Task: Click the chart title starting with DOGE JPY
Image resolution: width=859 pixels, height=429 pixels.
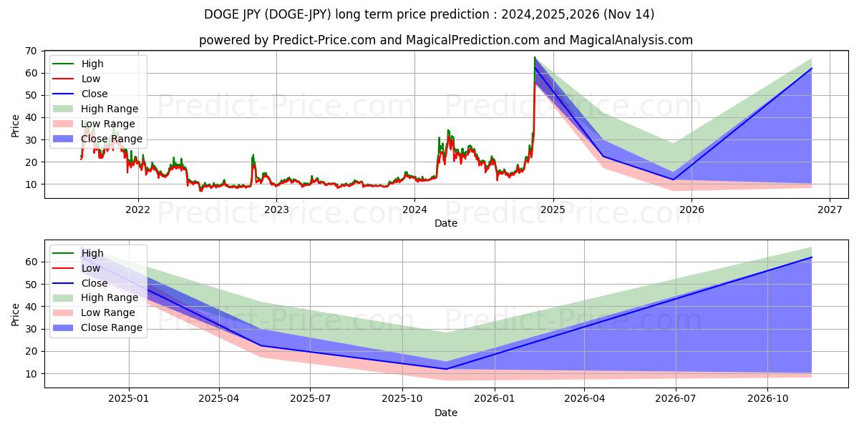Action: (429, 14)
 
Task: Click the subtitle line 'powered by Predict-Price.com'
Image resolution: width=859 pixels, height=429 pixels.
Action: (445, 40)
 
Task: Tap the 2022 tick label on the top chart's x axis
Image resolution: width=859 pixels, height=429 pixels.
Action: (138, 209)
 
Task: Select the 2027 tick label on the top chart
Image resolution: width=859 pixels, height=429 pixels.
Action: (830, 209)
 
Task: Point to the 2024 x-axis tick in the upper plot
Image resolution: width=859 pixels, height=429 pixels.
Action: (414, 209)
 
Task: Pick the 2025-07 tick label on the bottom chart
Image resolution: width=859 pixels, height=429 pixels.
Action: (311, 399)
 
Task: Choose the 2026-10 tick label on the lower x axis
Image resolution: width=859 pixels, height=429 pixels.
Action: (767, 399)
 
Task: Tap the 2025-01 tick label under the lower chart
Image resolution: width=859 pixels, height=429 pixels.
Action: (129, 399)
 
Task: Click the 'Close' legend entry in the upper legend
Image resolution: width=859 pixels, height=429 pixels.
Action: (94, 94)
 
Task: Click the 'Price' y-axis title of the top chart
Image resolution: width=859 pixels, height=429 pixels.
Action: (16, 124)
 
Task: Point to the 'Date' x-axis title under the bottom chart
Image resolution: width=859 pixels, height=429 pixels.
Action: (445, 413)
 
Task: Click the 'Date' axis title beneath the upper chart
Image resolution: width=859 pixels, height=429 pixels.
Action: (445, 223)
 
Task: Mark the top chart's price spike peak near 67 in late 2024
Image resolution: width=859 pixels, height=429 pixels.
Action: (534, 57)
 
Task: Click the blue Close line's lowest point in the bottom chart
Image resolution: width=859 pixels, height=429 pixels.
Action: (446, 369)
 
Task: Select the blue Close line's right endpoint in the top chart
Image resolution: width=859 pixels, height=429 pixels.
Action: (812, 69)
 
